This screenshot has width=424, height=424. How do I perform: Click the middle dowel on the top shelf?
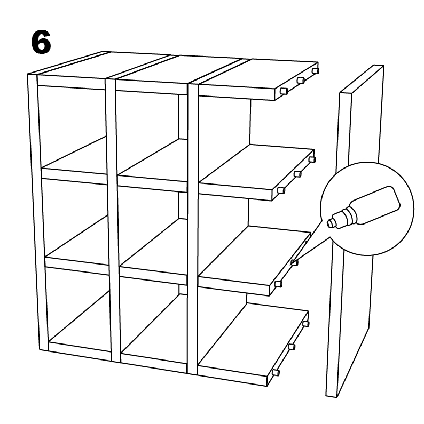pos(300,80)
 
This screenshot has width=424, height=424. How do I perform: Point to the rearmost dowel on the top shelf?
pos(315,70)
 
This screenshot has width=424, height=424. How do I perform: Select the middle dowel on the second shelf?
pos(297,174)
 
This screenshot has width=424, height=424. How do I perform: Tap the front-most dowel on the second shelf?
pos(281,190)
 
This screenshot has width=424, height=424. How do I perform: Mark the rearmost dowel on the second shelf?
pos(312,159)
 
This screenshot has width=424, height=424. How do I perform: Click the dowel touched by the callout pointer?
pos(294,262)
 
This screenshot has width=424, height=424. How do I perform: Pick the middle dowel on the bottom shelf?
pos(291,347)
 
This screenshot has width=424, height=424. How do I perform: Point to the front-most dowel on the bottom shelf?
pos(276,372)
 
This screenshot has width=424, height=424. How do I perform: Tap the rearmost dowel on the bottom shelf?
pos(305,323)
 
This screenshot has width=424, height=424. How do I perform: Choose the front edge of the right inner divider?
pos(193,229)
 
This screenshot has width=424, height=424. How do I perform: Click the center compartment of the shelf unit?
pos(152,224)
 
